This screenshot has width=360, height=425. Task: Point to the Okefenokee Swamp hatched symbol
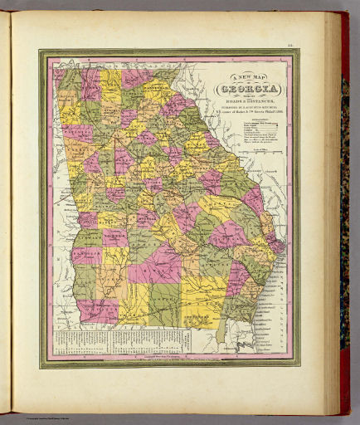click(199, 317)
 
